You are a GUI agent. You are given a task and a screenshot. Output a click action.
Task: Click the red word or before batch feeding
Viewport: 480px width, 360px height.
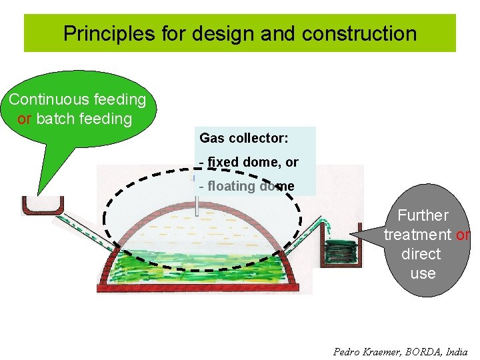pos(25,119)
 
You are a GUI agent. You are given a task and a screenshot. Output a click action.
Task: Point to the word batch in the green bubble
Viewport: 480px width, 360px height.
pos(55,119)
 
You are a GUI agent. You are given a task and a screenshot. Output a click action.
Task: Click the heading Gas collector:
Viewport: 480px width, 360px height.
pos(243,138)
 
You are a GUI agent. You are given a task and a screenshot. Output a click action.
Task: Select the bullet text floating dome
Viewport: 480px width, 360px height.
pos(247,186)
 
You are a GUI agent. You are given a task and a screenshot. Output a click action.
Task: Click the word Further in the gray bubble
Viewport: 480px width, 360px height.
pos(423,215)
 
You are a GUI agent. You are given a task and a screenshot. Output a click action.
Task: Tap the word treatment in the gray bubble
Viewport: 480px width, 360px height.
pos(417,235)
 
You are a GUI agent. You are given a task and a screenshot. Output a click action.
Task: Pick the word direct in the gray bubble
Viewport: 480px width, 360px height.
pos(421,254)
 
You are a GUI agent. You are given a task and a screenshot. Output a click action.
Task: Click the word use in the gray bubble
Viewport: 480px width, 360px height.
pos(423,273)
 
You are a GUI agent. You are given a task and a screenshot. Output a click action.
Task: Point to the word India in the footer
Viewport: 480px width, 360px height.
pos(457,351)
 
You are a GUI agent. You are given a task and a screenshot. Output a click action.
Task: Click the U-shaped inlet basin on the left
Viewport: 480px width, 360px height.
pos(42,206)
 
